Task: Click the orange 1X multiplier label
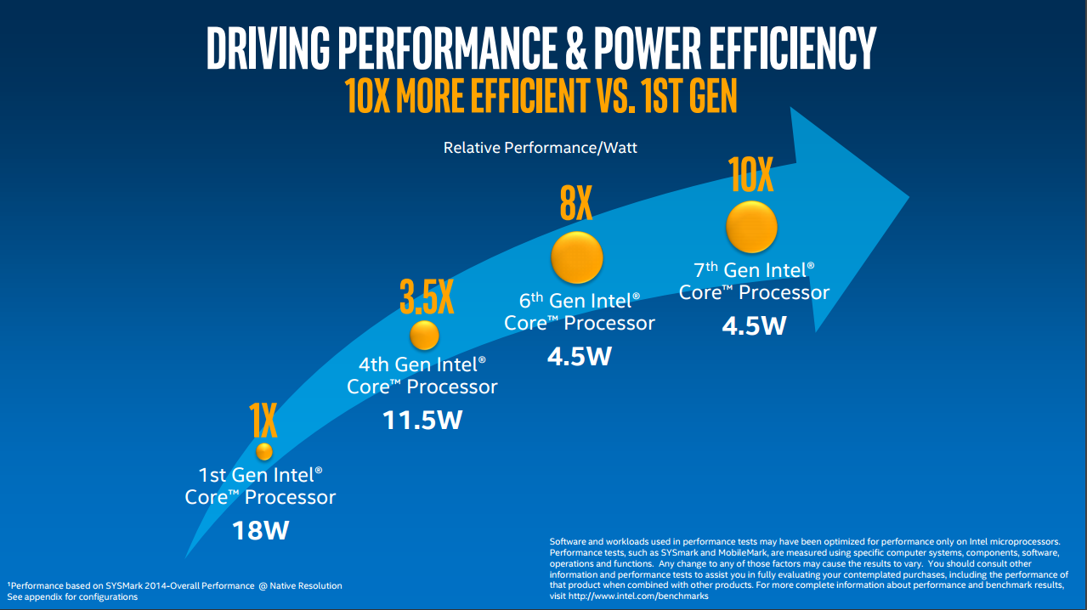coord(263,420)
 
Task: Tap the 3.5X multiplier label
coord(427,297)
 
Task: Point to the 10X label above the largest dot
coord(751,175)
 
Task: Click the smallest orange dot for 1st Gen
coord(264,451)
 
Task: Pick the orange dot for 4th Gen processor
coord(424,335)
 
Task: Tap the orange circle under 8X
coord(577,257)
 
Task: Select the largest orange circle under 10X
coord(751,226)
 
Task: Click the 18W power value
coord(261,531)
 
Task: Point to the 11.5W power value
coord(422,420)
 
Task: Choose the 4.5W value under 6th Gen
coord(579,355)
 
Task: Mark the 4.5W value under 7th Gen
coord(754,325)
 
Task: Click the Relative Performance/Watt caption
coord(540,148)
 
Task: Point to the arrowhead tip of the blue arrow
coord(909,198)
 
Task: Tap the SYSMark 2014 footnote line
coord(174,585)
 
